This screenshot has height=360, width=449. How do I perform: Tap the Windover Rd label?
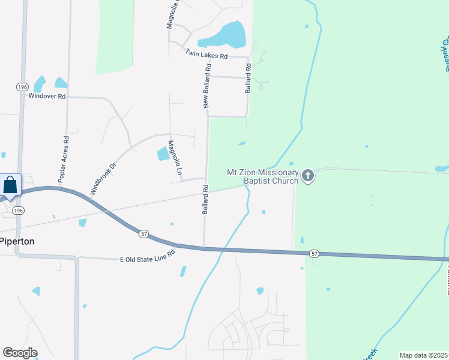(x=46, y=96)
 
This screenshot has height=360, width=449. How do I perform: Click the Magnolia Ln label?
(x=175, y=157)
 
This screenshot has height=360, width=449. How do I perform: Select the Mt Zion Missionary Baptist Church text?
(x=262, y=176)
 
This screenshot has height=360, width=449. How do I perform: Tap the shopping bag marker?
(x=10, y=185)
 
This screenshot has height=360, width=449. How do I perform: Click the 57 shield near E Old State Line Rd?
(x=144, y=233)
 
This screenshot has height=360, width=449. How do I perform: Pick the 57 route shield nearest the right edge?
(x=315, y=254)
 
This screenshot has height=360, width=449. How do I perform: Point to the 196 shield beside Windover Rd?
(x=22, y=87)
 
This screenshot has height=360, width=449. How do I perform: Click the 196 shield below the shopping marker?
(x=19, y=211)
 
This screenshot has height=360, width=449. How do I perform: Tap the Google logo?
(x=19, y=353)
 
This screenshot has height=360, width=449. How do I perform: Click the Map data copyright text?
(x=424, y=355)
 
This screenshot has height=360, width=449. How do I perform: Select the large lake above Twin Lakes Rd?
(x=225, y=35)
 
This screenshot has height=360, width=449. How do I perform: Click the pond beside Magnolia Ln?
(x=163, y=154)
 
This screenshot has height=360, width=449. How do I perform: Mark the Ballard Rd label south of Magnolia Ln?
(x=205, y=200)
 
